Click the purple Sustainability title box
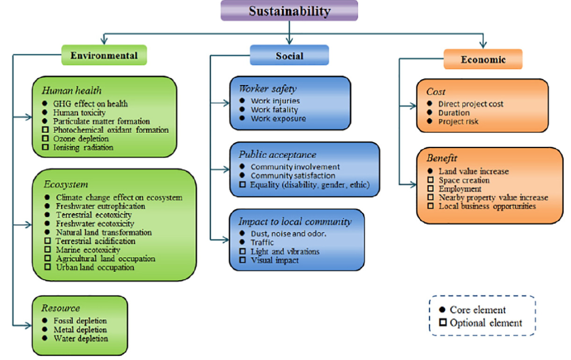[x=289, y=11]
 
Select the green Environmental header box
[x=104, y=55]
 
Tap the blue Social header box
[x=289, y=56]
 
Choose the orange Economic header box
[x=483, y=59]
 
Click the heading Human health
[x=72, y=90]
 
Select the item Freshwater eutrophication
[x=100, y=206]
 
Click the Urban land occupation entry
[x=95, y=267]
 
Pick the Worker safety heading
[x=267, y=88]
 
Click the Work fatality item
[x=274, y=109]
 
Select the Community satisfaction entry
[x=293, y=175]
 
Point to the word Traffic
[x=262, y=242]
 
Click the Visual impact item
[x=275, y=260]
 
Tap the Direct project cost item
[x=471, y=104]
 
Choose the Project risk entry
[x=458, y=122]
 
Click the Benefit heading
[x=441, y=158]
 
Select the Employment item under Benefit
[x=460, y=189]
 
